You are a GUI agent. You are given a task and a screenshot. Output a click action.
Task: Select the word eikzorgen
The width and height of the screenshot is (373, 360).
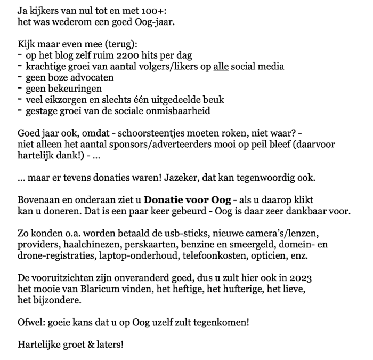[x=63, y=100]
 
